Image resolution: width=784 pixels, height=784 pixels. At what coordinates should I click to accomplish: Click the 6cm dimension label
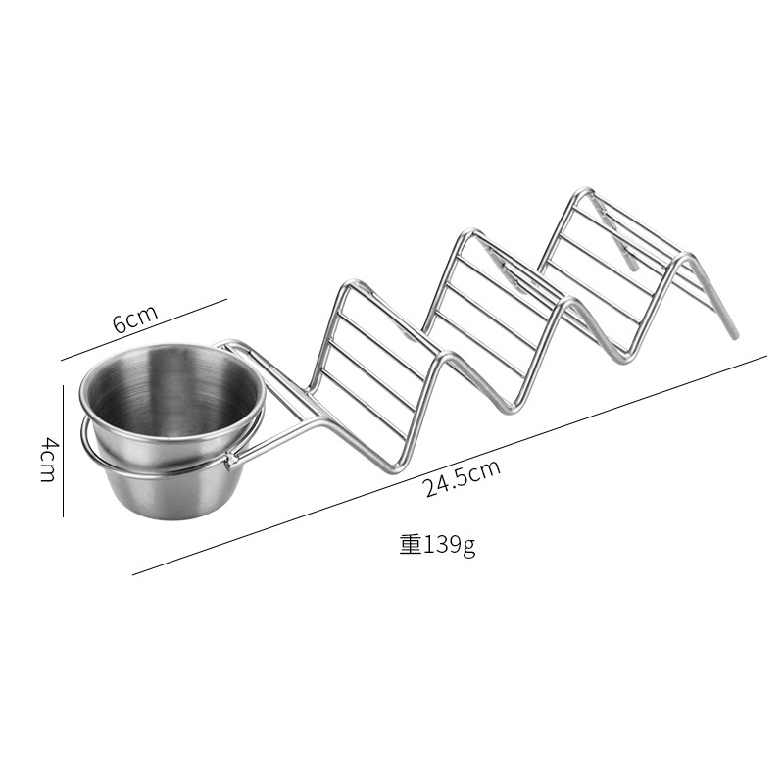tap(135, 318)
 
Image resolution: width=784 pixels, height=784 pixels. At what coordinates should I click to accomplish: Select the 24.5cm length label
tap(462, 479)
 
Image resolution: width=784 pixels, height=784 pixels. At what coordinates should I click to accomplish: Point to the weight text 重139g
tap(437, 545)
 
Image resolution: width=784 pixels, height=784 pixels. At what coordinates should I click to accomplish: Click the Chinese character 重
tap(411, 545)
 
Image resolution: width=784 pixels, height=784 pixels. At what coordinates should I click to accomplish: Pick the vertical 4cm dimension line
tap(63, 451)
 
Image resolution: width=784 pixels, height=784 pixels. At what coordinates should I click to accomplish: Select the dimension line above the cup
tap(144, 329)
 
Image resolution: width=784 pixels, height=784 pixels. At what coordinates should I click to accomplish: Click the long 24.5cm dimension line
tap(450, 465)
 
